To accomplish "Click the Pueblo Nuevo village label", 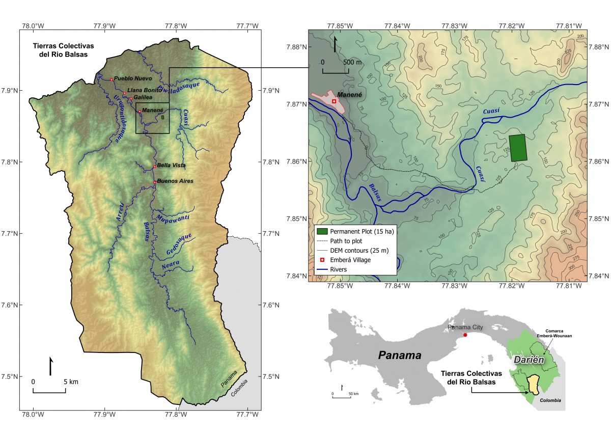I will click(x=132, y=78).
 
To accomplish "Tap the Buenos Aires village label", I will click(x=175, y=181).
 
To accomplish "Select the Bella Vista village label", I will click(x=171, y=166).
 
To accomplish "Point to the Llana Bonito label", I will click(x=145, y=90).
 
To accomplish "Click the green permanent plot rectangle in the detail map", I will click(x=518, y=148).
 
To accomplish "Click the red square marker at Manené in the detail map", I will click(x=334, y=101).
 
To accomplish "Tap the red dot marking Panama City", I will click(x=465, y=335).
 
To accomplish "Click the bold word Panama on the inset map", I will click(x=400, y=356).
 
